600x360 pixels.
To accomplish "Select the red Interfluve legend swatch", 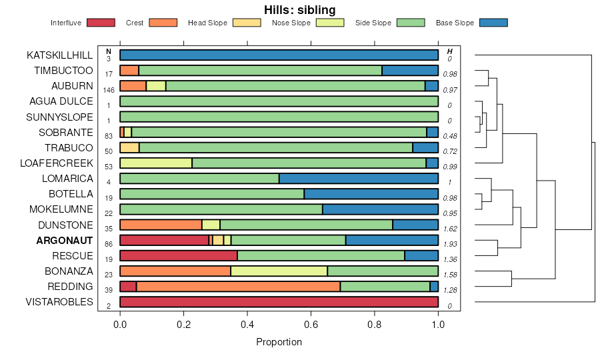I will (x=100, y=23).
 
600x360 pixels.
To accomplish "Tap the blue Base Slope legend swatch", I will (x=493, y=23).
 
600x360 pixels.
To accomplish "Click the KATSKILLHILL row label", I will (x=60, y=55).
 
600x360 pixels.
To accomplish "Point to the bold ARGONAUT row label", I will (x=65, y=240).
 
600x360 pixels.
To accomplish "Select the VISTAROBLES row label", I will (x=59, y=302).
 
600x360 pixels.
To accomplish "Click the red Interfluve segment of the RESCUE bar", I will (x=179, y=255).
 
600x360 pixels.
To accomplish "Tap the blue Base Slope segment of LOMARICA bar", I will (x=359, y=179).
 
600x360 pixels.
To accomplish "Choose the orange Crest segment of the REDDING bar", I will (x=238, y=287).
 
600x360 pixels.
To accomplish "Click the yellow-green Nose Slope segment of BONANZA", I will (x=279, y=271).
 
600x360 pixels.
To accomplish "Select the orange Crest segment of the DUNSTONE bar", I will (x=161, y=225).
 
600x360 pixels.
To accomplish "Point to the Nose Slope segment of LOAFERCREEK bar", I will (x=156, y=163).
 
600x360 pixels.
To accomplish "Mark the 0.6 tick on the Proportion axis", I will (x=375, y=325).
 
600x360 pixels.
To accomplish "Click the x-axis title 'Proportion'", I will (x=279, y=342).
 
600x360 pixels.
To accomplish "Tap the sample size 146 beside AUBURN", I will (x=108, y=90).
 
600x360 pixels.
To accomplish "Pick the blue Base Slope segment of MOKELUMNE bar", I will (x=380, y=209).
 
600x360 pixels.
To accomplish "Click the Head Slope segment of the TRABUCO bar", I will (x=129, y=147).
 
